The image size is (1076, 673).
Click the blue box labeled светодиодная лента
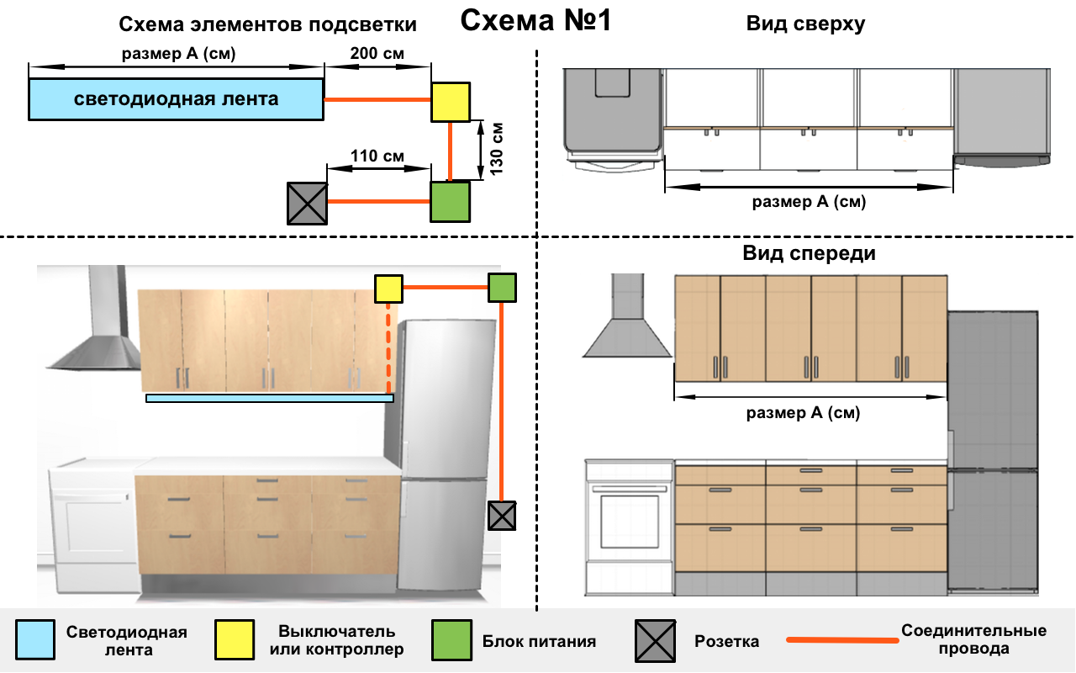point(176,99)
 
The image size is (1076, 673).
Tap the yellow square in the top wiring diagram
point(451,102)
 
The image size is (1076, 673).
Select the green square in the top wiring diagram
point(450,202)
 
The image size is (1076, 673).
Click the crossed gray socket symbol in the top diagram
point(307,204)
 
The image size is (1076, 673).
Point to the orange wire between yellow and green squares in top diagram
point(451,152)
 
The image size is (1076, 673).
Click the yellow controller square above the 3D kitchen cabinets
point(388,289)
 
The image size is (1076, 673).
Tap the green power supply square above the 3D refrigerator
point(502,288)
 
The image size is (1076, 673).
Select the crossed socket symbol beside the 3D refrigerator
point(501,516)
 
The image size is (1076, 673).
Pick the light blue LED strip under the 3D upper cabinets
point(270,398)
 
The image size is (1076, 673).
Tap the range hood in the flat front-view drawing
point(626,320)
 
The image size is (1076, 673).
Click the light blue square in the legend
point(35,641)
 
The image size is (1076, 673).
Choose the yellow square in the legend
point(235,641)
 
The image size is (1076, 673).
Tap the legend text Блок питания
point(539,641)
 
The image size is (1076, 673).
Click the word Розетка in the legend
point(726,641)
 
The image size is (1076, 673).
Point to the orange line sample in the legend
point(841,640)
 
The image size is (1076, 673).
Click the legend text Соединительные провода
point(973,640)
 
